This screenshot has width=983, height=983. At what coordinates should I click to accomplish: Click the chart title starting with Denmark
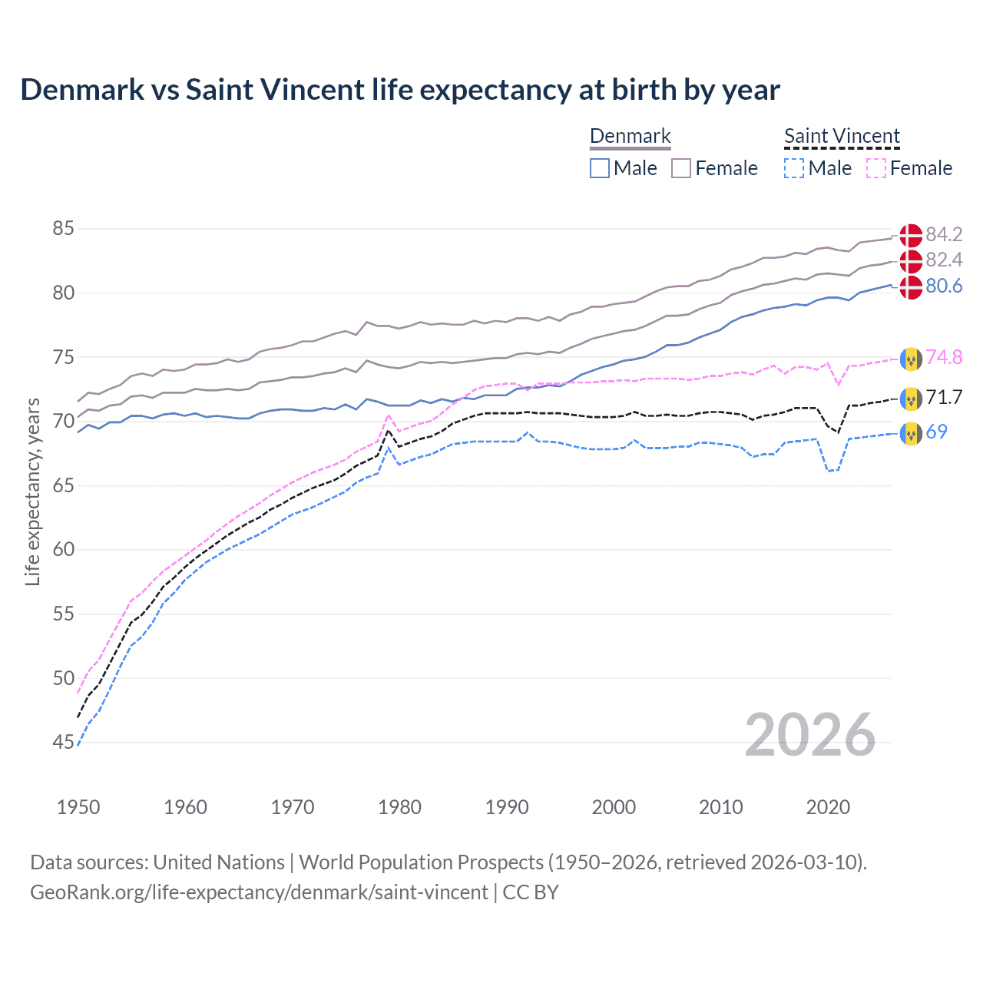click(399, 90)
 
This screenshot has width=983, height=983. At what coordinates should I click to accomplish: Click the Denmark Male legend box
click(600, 168)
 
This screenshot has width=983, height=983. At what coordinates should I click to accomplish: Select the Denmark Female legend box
click(681, 168)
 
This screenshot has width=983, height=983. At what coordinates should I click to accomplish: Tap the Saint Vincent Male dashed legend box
click(794, 168)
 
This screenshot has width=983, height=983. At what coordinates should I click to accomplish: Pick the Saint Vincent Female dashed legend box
click(876, 168)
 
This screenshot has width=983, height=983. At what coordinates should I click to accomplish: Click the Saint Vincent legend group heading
click(842, 137)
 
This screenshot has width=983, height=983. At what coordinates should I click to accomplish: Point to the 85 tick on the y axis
click(64, 229)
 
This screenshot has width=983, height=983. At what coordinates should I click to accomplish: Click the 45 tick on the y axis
click(64, 743)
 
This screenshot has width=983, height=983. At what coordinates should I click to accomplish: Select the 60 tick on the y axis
click(64, 550)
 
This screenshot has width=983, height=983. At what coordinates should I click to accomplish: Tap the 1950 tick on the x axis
click(78, 807)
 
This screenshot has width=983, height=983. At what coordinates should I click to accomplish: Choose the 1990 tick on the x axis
click(507, 807)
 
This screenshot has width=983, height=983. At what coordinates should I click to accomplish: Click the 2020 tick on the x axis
click(828, 807)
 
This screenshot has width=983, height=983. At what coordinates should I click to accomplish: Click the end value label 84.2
click(944, 234)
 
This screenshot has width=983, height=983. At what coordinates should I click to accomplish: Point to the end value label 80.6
click(944, 286)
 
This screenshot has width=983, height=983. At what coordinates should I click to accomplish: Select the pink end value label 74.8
click(944, 357)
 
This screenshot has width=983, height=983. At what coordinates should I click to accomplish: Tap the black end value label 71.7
click(944, 397)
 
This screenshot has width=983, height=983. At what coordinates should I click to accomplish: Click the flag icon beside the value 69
click(911, 433)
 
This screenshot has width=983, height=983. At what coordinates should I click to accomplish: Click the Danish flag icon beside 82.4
click(911, 261)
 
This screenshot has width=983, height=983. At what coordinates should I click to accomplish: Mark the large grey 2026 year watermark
click(810, 736)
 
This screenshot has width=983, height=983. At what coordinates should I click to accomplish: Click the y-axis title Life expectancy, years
click(32, 491)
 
